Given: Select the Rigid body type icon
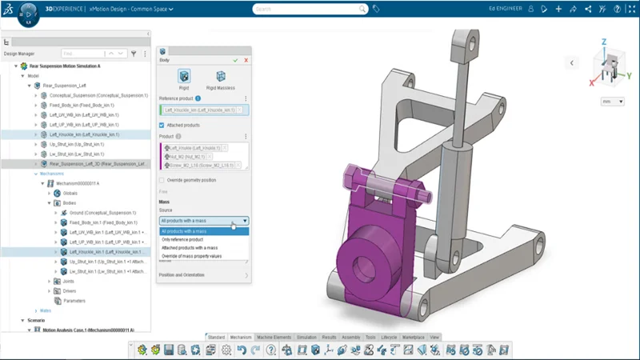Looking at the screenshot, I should point(185,78).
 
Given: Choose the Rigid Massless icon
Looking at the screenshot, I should point(221,78).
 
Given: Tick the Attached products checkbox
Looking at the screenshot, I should point(162,126).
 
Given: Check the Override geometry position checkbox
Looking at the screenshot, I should point(162,180).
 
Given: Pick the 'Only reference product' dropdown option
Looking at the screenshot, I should point(182,240).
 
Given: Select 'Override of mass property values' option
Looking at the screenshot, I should point(191,256).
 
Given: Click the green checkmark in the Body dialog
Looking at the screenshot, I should point(235,60).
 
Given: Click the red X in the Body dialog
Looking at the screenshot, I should point(246,60).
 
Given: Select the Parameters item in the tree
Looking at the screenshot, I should point(74,301).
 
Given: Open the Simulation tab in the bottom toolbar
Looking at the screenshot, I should point(306,338).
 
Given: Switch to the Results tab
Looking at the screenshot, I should point(329,338).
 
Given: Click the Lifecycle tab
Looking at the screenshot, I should point(389,338).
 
